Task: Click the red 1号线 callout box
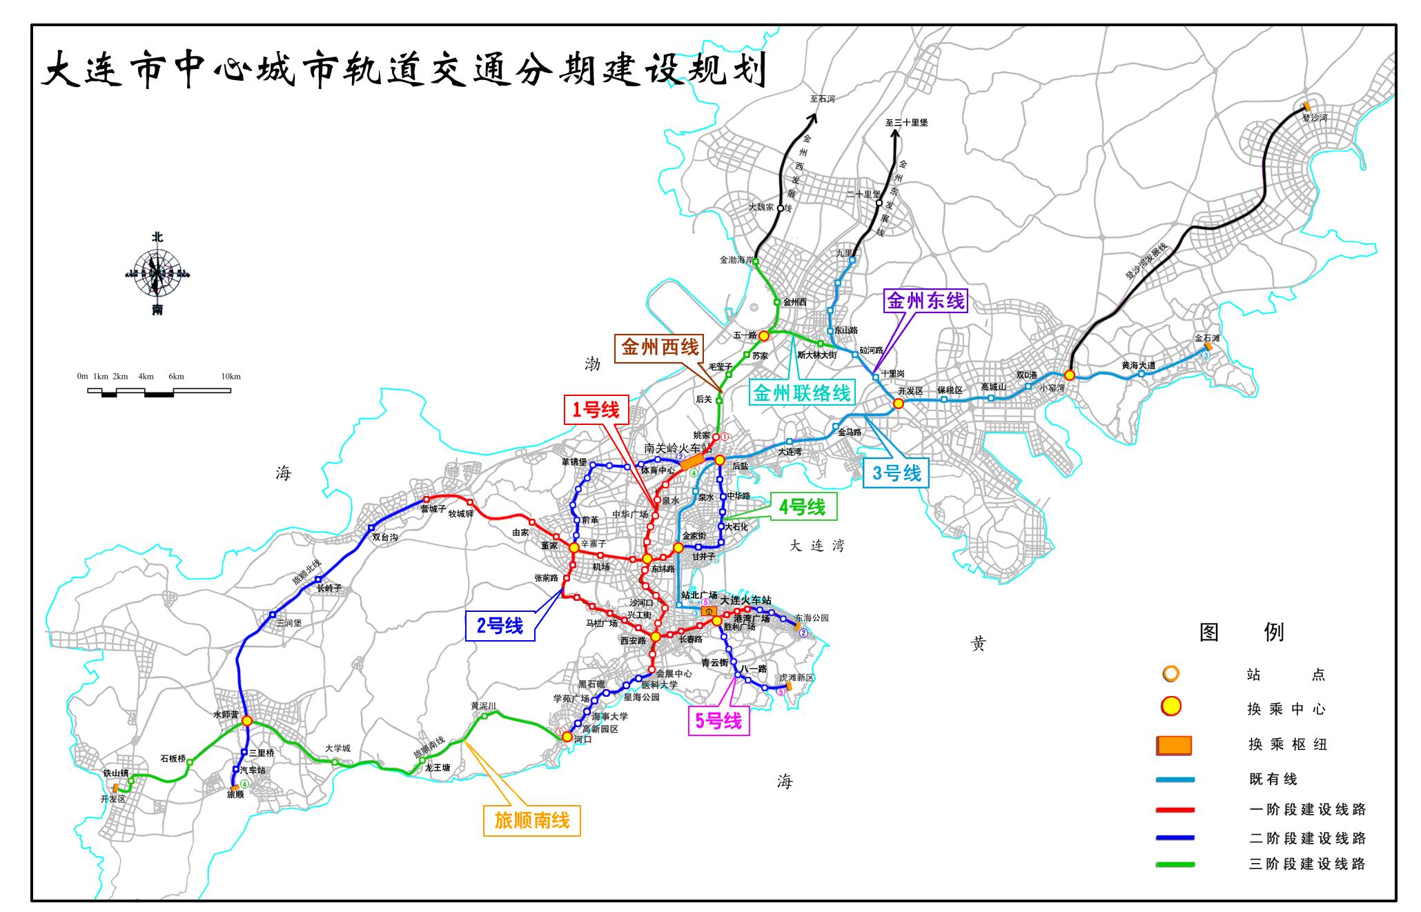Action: (x=596, y=410)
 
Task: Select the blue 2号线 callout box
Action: (x=500, y=626)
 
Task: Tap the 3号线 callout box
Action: (x=896, y=473)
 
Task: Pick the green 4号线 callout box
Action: (x=802, y=507)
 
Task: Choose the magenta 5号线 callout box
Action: (x=718, y=721)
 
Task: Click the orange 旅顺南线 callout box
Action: (x=531, y=820)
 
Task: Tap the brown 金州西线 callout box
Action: (x=660, y=347)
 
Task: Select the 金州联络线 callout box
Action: (x=801, y=393)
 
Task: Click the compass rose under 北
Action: (x=157, y=273)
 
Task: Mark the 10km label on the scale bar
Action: (x=231, y=377)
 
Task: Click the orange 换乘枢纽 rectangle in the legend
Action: (x=1174, y=745)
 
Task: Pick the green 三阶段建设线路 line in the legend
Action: (x=1175, y=864)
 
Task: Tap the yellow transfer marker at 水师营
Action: (x=246, y=721)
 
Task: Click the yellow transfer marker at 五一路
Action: (x=764, y=335)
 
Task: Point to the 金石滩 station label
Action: (x=1207, y=338)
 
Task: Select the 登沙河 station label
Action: (x=1314, y=118)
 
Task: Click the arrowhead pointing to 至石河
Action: (x=814, y=117)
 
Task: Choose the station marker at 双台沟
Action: (x=371, y=528)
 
